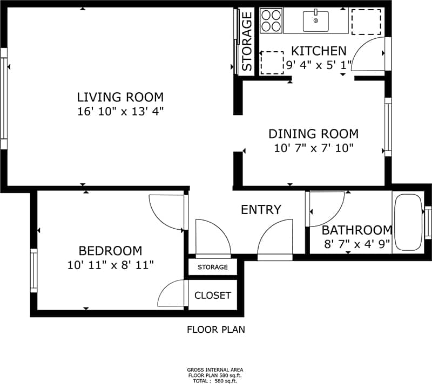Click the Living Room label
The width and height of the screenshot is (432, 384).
(x=120, y=98)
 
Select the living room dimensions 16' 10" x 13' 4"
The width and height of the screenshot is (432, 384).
(x=120, y=112)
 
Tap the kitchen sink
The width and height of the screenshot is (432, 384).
(x=315, y=22)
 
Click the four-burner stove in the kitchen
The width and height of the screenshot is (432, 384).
(x=271, y=21)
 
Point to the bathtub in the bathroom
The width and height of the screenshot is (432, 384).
(x=408, y=223)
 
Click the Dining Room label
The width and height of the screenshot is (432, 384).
(x=313, y=134)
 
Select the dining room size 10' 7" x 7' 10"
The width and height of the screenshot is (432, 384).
(x=313, y=148)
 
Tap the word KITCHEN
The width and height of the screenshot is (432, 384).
(x=319, y=51)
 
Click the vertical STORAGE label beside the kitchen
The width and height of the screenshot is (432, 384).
(x=247, y=42)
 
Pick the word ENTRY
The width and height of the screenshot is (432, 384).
(x=261, y=210)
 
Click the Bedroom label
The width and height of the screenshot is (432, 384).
(x=110, y=251)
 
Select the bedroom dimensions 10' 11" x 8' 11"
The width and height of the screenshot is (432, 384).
(x=110, y=265)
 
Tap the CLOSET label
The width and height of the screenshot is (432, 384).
(x=213, y=296)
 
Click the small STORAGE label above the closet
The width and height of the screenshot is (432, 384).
(x=212, y=268)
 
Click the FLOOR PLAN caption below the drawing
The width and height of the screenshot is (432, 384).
(x=215, y=330)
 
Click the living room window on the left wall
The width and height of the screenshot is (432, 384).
(x=4, y=98)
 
